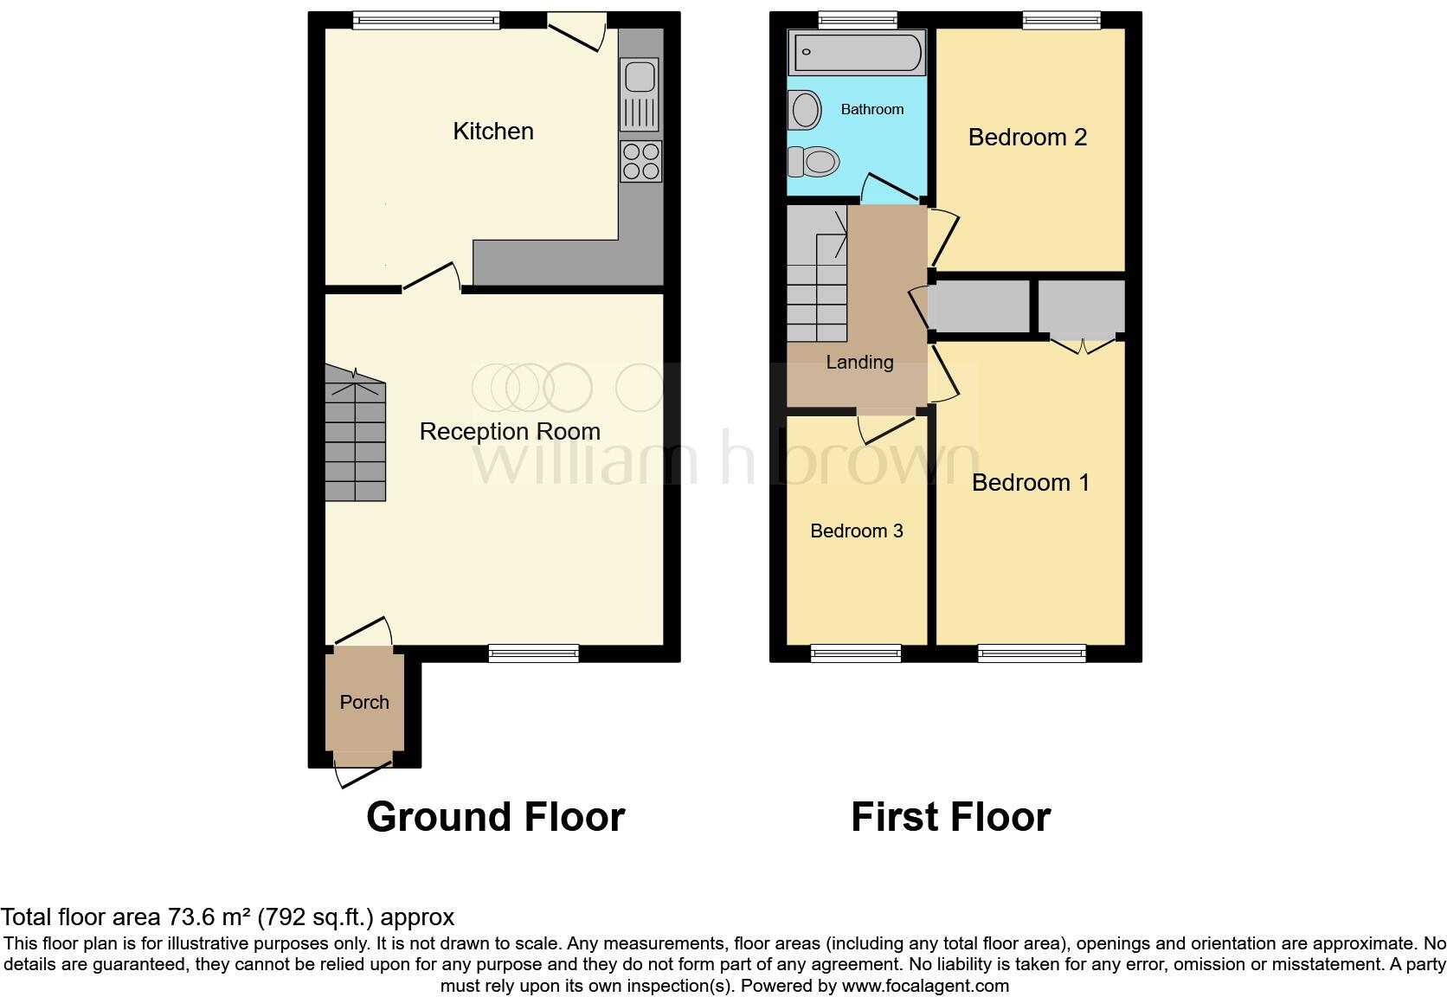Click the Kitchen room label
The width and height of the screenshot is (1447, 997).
[x=492, y=132]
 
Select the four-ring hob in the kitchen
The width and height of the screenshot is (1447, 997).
[x=640, y=161]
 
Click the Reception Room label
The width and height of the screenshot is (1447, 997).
[x=509, y=431]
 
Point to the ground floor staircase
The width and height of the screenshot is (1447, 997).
[x=355, y=433]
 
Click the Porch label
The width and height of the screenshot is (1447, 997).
[x=364, y=702]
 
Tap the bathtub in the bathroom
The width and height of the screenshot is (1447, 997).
[x=855, y=52]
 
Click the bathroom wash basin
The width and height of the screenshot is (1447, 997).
[x=806, y=111]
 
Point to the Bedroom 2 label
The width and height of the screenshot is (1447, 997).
[x=1027, y=138]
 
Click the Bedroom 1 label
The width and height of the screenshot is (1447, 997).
[x=1030, y=482]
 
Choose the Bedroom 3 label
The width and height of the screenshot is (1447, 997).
[x=856, y=531]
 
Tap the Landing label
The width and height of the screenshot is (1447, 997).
[x=859, y=363]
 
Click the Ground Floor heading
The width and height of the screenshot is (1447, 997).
[x=495, y=817]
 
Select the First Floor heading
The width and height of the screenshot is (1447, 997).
[x=950, y=817]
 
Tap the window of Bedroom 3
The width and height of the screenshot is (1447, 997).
[x=856, y=653]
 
